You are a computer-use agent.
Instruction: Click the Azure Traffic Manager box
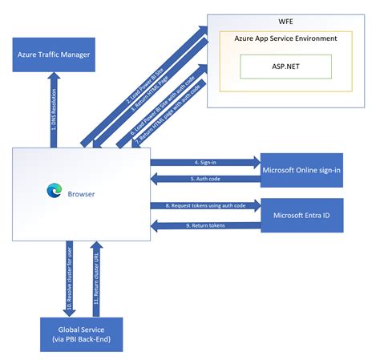click(x=54, y=55)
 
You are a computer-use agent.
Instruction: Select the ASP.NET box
click(x=285, y=67)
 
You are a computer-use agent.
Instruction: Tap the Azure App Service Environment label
click(x=285, y=38)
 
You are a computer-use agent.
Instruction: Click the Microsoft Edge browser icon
click(x=54, y=190)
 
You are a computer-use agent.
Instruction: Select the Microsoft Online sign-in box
click(x=301, y=169)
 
